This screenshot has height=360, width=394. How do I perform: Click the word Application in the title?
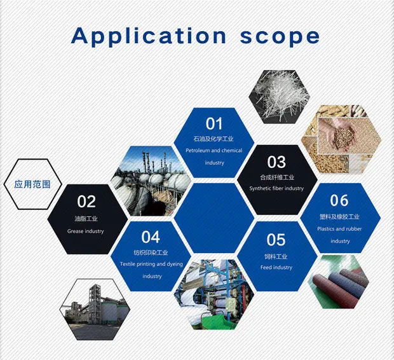pos(149,36)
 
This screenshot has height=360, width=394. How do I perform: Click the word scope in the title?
pos(280,38)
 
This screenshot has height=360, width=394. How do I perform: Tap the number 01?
pos(214,124)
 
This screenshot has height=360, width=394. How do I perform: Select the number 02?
pos(86,202)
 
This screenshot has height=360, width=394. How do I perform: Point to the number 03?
pos(276,162)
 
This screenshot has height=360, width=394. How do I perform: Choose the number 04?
pos(150,237)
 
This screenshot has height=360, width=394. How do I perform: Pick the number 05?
pos(276,240)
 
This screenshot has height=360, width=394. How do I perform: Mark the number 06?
pos(339,200)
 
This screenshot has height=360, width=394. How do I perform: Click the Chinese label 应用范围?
pos(32,184)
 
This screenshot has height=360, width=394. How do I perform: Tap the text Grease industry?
pos(85,231)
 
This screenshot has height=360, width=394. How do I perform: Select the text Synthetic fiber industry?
pos(276,188)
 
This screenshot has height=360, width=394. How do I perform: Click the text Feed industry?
pos(276,267)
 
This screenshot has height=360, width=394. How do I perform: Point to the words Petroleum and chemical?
pos(214,151)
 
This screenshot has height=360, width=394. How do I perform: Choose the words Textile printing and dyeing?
pos(151,264)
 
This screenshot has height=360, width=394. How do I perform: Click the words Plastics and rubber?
pos(339,229)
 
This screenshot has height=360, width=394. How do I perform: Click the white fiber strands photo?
pos(280,97)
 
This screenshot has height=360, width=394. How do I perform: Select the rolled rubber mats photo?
pos(339,282)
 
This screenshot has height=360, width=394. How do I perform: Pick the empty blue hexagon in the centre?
pos(214,218)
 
